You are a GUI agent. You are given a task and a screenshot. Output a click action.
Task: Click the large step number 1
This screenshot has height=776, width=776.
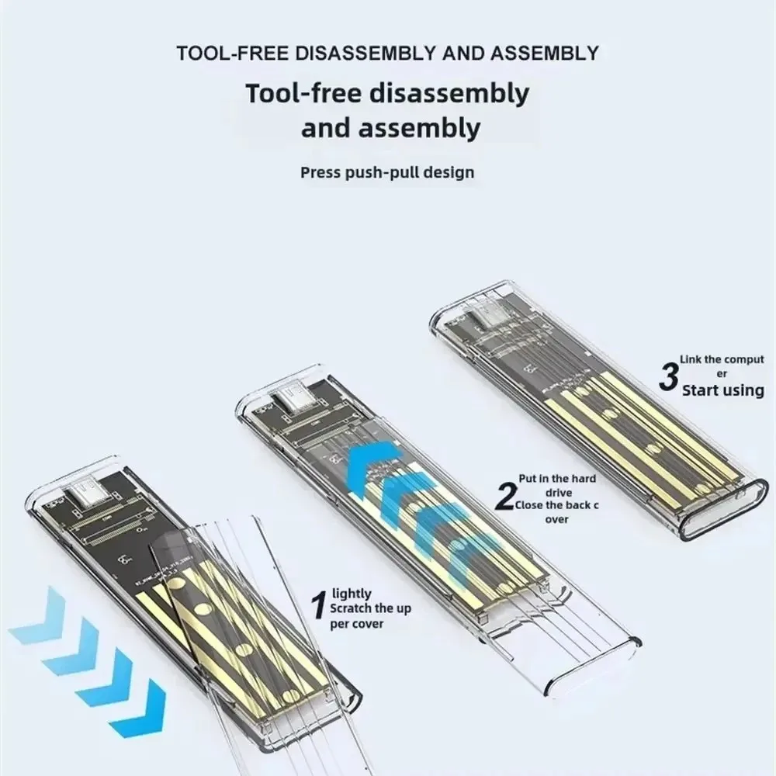coord(317,606)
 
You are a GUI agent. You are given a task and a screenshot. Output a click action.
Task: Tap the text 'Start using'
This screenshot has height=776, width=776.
coord(722,390)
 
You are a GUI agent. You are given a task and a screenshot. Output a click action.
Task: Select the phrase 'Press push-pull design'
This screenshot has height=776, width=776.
coord(386,171)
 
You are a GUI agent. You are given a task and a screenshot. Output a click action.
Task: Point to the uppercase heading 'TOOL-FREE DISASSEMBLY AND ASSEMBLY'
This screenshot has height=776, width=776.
coord(388,54)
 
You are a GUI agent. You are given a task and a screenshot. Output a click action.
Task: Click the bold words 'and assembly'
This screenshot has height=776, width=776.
coord(390,128)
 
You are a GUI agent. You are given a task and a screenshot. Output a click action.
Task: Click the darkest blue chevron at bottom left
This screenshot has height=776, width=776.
coord(138,707)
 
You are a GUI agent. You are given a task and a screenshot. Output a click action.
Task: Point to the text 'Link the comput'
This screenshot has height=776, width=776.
coord(722,359)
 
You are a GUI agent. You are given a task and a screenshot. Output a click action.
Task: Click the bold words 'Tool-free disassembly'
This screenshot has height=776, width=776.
coord(387,94)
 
